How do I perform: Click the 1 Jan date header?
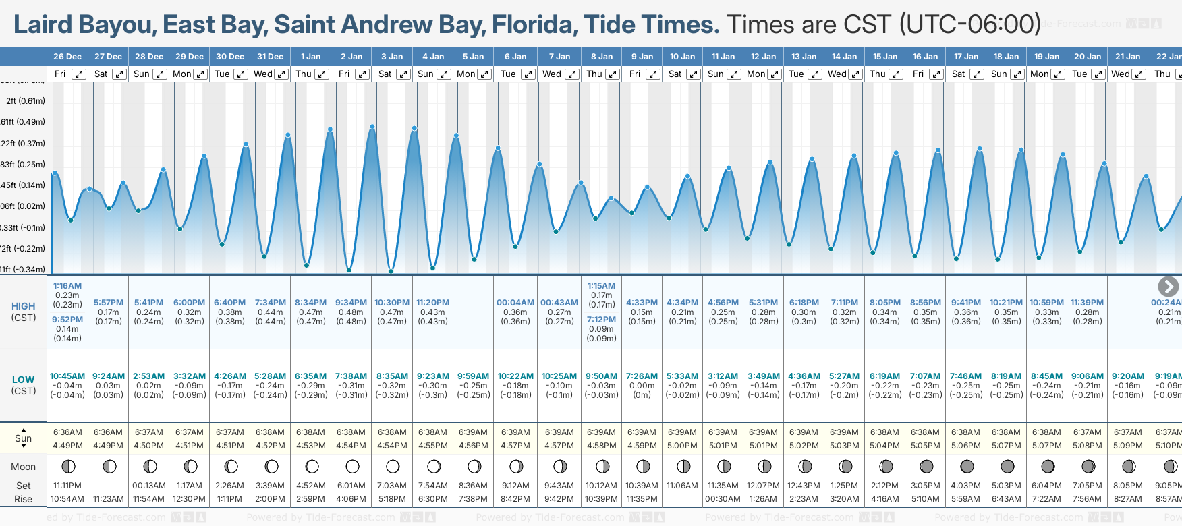311,57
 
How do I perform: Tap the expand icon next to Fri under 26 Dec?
79,74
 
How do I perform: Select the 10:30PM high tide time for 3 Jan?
392,303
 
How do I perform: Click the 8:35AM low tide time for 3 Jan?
392,376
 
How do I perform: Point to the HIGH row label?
24,306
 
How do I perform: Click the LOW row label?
23,380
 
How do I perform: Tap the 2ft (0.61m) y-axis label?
26,101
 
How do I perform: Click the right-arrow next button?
1168,287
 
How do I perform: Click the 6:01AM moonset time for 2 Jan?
351,486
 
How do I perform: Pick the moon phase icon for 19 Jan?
1048,466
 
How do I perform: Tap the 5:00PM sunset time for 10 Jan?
682,446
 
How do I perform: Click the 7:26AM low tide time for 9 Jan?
642,376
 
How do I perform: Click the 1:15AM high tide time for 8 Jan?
601,286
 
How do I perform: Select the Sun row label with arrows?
24,438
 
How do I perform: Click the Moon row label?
24,467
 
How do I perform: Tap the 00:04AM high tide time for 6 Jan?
515,303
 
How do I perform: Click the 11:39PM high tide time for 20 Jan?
1087,303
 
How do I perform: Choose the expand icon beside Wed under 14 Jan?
855,74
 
